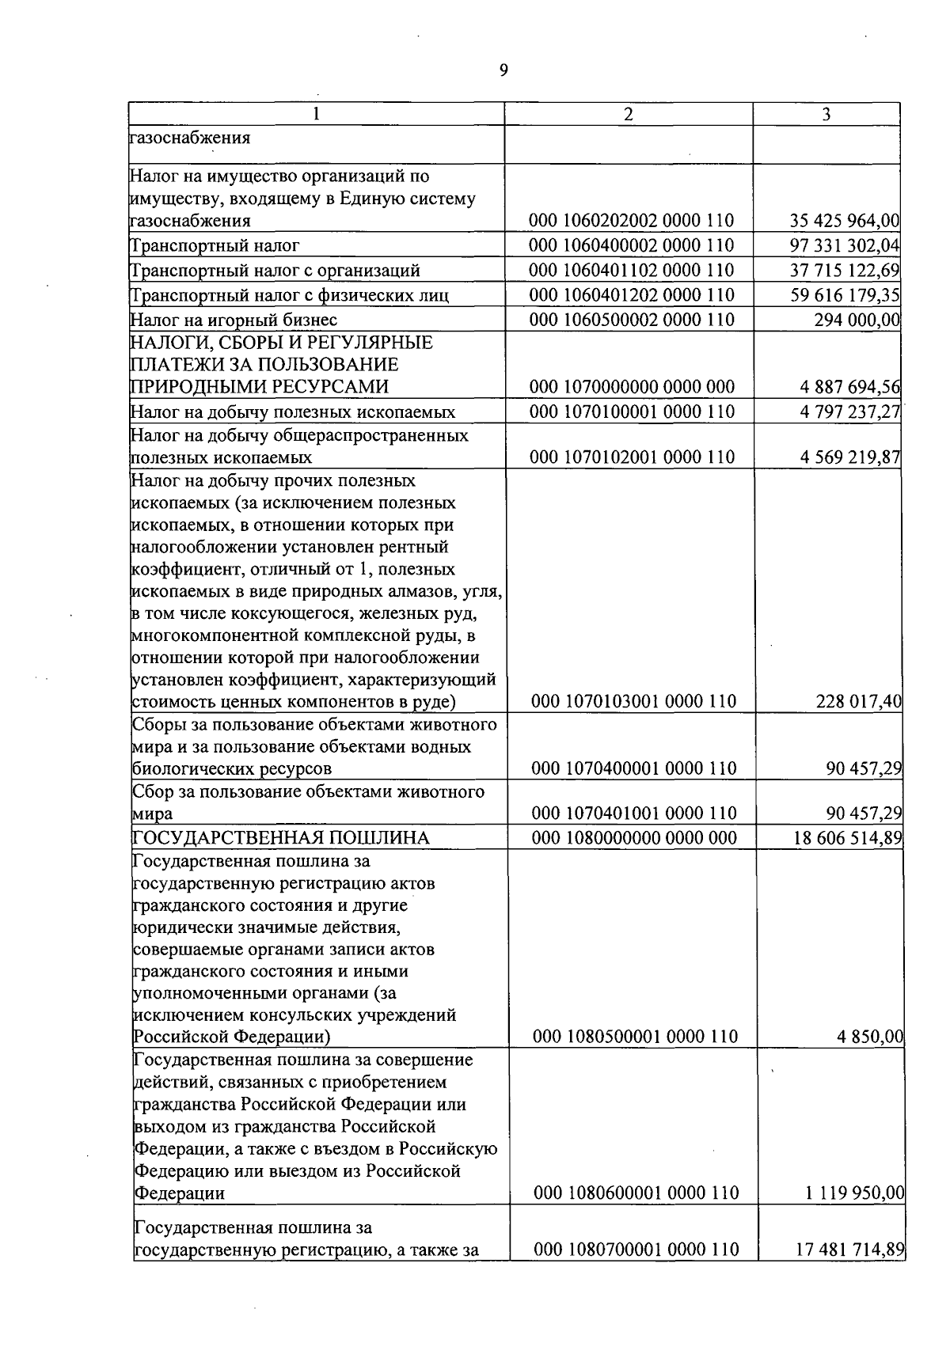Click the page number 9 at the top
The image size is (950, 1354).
click(503, 71)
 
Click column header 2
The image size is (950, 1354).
click(628, 115)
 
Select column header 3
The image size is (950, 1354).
click(826, 115)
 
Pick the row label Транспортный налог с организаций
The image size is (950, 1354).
click(275, 271)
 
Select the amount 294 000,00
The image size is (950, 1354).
click(857, 320)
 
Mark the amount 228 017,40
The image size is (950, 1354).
click(858, 701)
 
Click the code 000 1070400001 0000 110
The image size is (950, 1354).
click(633, 768)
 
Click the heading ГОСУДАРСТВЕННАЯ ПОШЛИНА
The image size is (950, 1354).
click(281, 838)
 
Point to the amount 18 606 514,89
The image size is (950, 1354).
click(848, 838)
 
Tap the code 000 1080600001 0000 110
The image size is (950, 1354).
click(636, 1193)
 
